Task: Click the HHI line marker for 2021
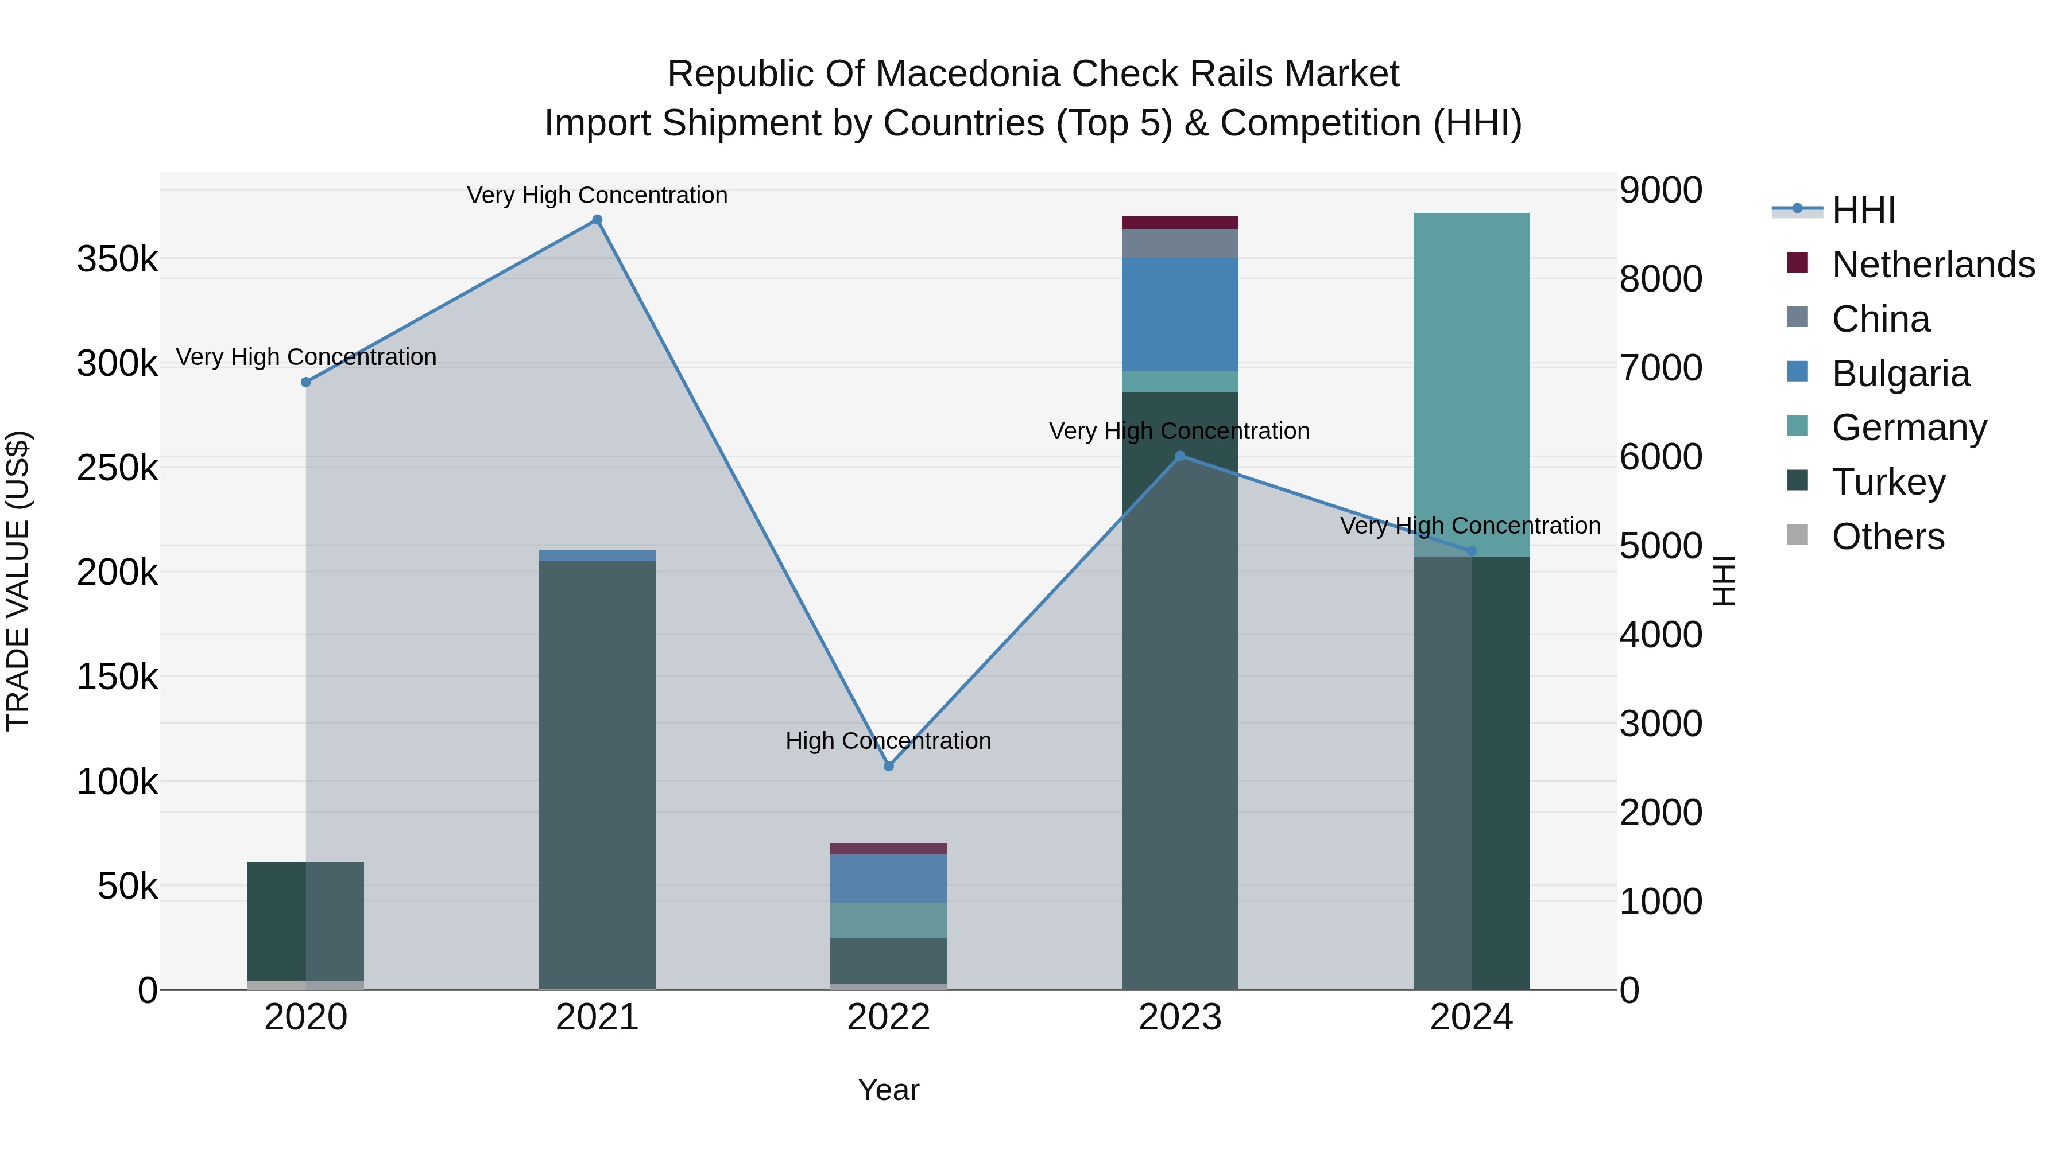coord(597,220)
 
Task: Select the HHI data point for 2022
coord(888,766)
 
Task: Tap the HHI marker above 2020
coord(305,383)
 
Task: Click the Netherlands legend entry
coord(1933,265)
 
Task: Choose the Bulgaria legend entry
coord(1900,374)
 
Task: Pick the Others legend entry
coord(1887,537)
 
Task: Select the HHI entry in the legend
coord(1863,210)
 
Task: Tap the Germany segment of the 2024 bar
coord(1471,385)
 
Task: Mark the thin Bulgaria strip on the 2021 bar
coord(597,555)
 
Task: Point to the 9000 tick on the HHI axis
coord(1660,191)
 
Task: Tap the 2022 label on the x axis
coord(888,1017)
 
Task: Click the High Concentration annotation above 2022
coord(888,740)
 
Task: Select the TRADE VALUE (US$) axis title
coord(18,581)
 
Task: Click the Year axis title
coord(888,1090)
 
